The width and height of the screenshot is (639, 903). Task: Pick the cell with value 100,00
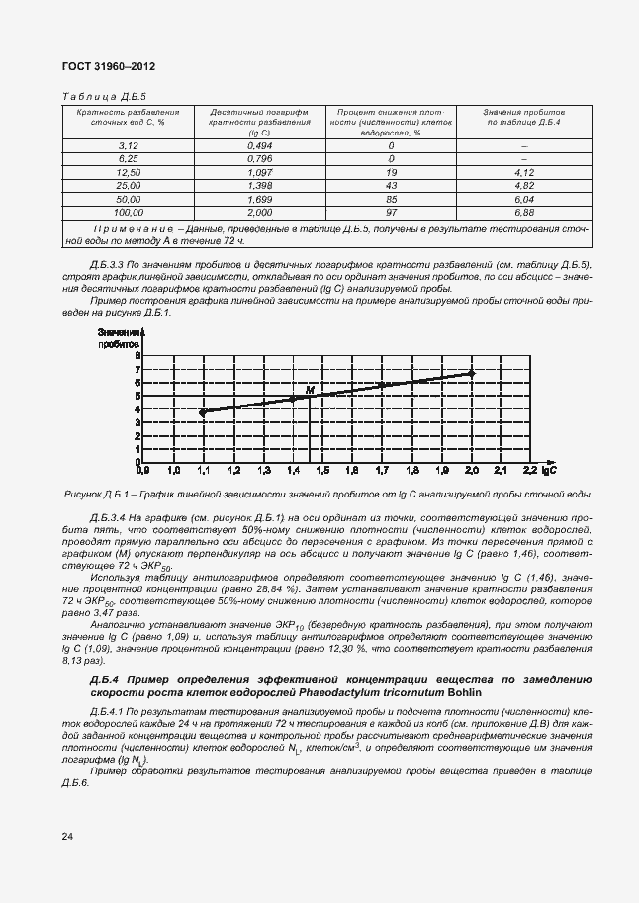click(129, 212)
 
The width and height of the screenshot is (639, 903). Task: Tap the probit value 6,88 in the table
click(524, 212)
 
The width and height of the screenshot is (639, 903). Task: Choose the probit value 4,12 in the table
click(524, 172)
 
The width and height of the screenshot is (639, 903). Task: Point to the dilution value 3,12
click(129, 145)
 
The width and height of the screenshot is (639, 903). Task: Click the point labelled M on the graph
click(310, 392)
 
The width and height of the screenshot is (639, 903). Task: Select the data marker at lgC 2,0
click(472, 373)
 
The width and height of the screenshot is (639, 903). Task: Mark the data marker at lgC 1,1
click(203, 412)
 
